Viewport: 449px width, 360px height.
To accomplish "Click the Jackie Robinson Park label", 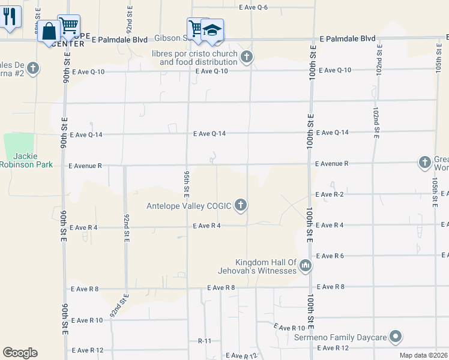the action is click(x=26, y=160).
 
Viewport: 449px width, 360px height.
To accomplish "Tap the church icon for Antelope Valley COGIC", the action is click(x=241, y=206).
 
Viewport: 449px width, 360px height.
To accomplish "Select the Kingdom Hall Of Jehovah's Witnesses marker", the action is click(x=306, y=265).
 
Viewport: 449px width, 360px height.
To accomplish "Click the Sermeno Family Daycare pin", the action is click(x=395, y=338).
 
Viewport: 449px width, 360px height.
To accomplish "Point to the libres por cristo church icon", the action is click(x=246, y=58).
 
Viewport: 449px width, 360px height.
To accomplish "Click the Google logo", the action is click(x=20, y=352).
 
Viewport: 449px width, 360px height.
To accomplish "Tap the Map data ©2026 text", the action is click(x=423, y=355).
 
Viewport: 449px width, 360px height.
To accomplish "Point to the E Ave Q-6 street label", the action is click(x=253, y=7).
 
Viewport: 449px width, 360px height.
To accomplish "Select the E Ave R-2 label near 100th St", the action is click(x=330, y=194).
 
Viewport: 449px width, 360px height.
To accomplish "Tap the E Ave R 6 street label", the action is click(x=330, y=256).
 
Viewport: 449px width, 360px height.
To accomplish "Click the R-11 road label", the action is click(x=205, y=340).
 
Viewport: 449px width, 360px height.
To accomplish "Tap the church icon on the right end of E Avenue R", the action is click(x=424, y=163).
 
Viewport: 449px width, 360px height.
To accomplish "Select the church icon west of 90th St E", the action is click(x=32, y=68).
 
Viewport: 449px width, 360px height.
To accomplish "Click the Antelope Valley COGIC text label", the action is click(x=189, y=206).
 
